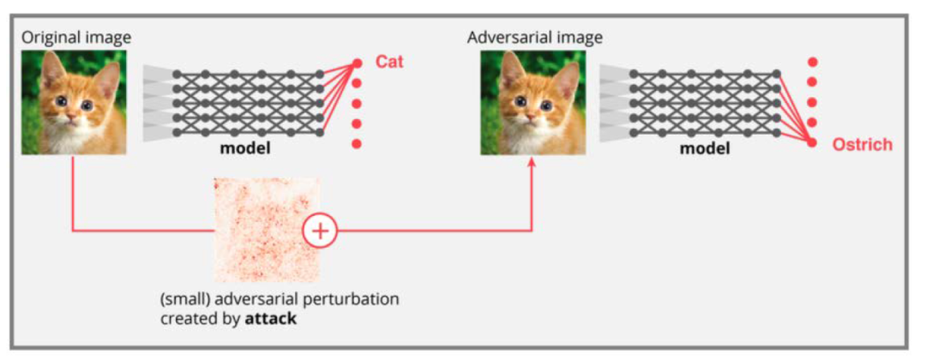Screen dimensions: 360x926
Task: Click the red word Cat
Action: click(389, 63)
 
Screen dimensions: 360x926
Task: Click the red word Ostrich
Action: click(862, 144)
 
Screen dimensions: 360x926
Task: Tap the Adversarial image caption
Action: click(535, 38)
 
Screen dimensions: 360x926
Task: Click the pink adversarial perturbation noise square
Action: click(266, 230)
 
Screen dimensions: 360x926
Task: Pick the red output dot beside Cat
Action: click(358, 63)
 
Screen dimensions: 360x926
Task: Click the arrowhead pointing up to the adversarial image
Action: click(532, 164)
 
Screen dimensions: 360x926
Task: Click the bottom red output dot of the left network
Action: click(358, 143)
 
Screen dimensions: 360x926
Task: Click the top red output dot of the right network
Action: click(812, 63)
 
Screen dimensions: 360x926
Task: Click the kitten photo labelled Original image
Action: click(74, 102)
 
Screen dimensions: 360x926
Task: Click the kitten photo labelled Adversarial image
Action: click(532, 102)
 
